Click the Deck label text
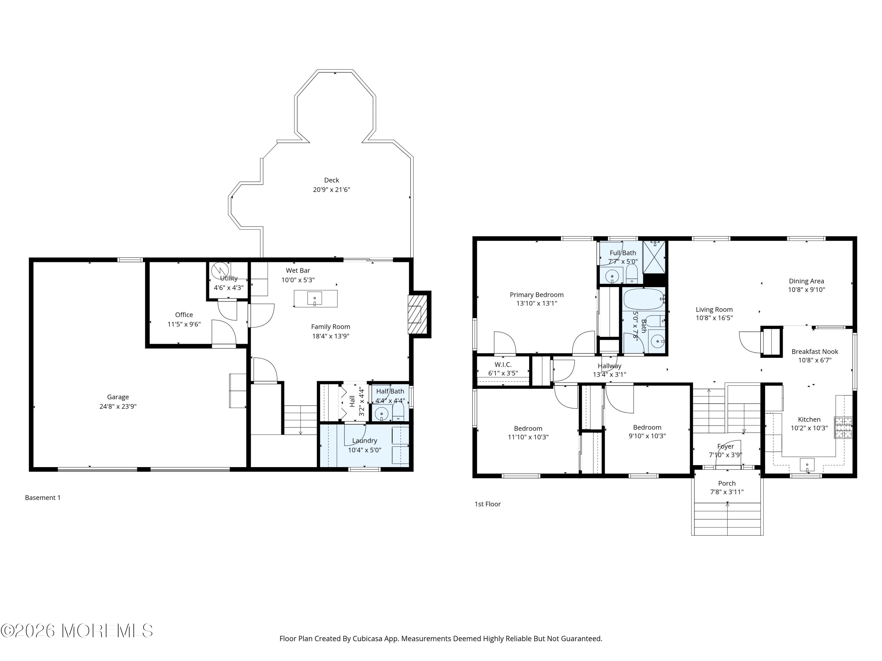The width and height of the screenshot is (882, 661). click(331, 180)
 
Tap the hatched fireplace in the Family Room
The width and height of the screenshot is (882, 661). click(418, 314)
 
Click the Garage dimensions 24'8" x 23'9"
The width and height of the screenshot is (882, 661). click(118, 406)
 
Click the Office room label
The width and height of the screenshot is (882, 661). click(184, 315)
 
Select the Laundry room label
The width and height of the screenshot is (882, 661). click(365, 441)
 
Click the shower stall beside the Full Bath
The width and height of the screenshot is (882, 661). click(655, 257)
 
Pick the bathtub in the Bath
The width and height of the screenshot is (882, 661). click(642, 299)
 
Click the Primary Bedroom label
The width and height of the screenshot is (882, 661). click(536, 295)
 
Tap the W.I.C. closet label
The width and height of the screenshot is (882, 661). click(503, 365)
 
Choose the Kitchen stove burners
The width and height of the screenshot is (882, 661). click(843, 427)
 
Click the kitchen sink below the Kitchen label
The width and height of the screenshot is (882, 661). click(807, 464)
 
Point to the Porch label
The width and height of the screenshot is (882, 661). click(726, 483)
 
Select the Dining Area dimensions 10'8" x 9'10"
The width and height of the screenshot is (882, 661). click(806, 290)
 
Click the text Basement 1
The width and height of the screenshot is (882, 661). click(43, 498)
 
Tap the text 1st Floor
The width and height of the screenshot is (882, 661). click(487, 504)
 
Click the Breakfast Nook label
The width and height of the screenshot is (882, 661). click(815, 351)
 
